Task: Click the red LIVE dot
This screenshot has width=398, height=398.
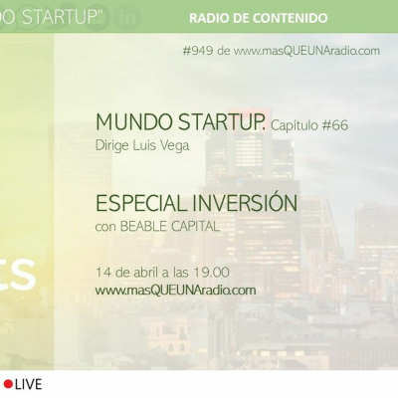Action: click(x=8, y=384)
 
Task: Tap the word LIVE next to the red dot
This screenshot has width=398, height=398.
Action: click(x=28, y=384)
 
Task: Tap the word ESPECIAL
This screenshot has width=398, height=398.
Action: click(x=138, y=203)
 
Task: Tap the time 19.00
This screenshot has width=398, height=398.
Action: click(x=212, y=272)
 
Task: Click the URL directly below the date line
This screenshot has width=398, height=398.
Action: click(x=176, y=291)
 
